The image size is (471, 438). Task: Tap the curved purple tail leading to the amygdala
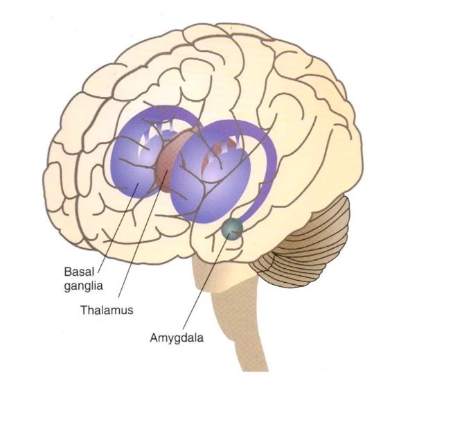267,173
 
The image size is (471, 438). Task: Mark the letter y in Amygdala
172,340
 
